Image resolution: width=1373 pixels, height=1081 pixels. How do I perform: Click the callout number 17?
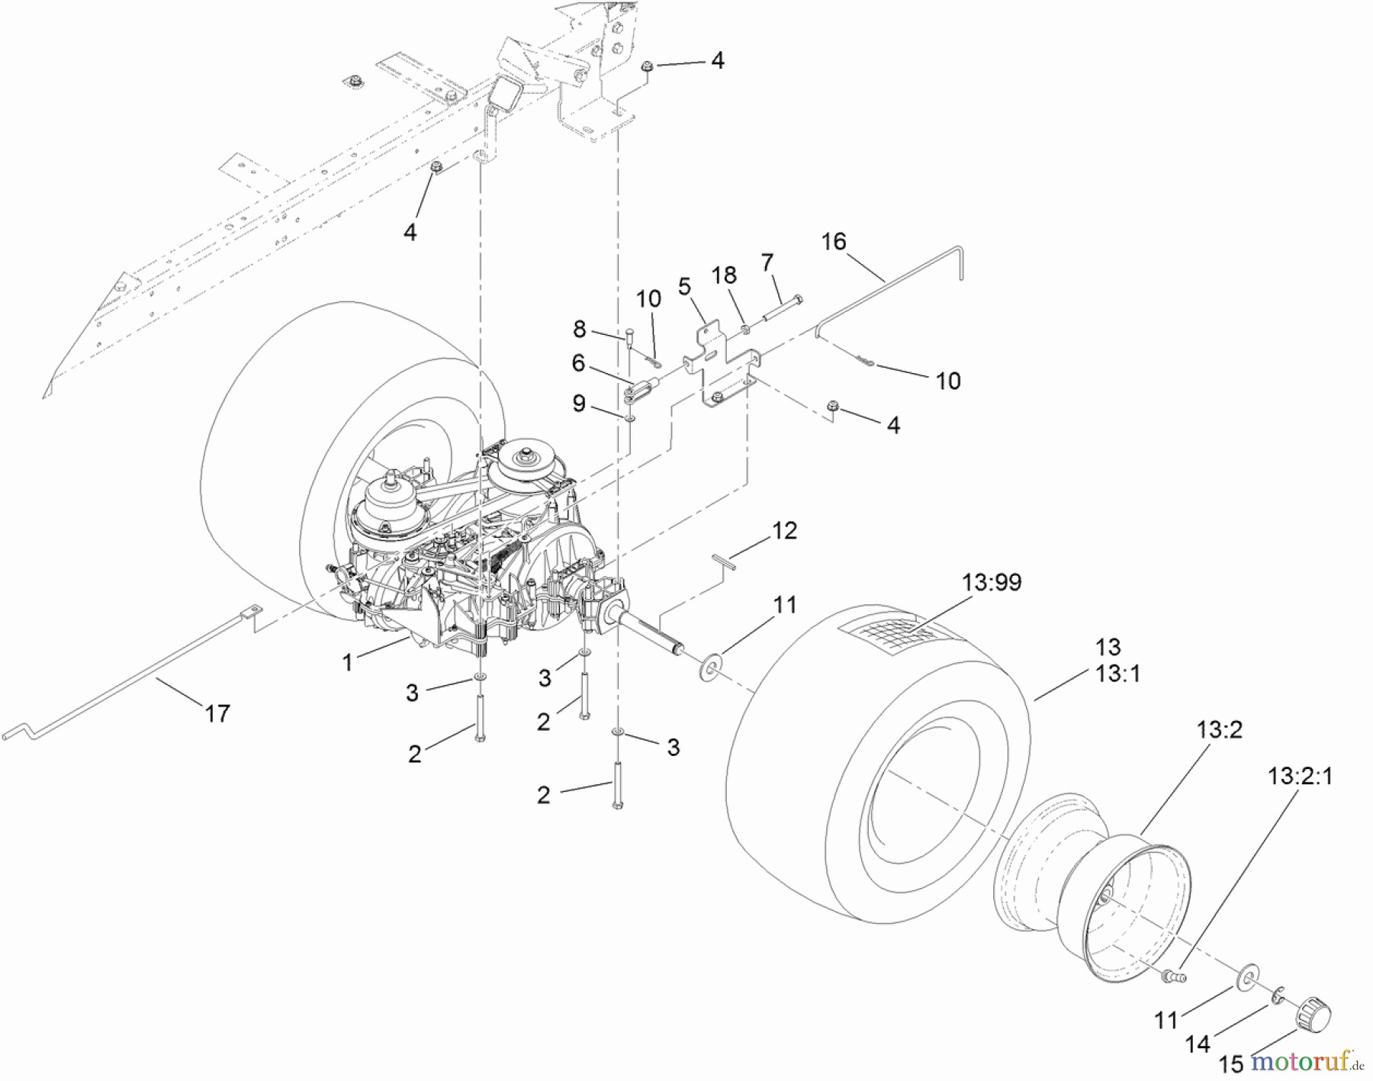[x=217, y=713]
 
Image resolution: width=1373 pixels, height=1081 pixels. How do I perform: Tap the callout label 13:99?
[x=1002, y=582]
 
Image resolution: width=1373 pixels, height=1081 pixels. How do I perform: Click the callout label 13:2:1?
[x=1300, y=777]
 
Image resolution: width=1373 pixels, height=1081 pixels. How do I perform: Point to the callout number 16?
[x=834, y=242]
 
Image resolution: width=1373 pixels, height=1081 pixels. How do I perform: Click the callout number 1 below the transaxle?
[x=348, y=663]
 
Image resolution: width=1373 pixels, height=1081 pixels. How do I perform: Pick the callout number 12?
[x=784, y=530]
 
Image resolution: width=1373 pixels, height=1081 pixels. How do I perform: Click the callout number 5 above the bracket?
[x=684, y=287]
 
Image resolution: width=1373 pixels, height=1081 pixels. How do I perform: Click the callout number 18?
[x=725, y=275]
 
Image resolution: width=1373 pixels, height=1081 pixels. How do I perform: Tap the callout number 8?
[x=580, y=329]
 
